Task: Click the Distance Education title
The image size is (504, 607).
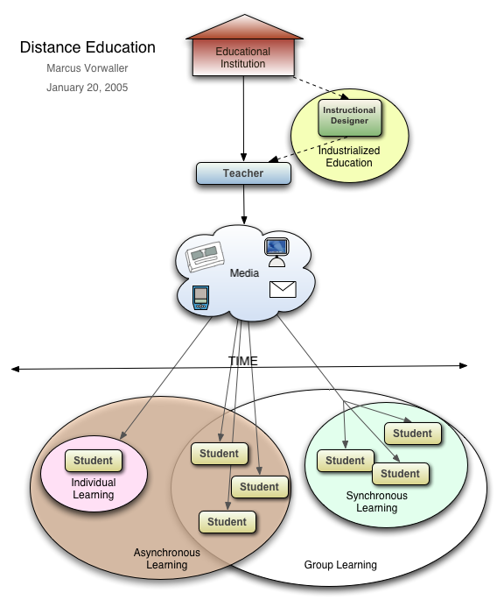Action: click(x=87, y=47)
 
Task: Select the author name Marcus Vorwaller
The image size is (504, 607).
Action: click(x=87, y=68)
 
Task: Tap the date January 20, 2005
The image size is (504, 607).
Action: click(x=87, y=88)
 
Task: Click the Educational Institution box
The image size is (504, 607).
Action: click(x=243, y=57)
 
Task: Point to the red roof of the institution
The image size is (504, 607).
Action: click(x=244, y=28)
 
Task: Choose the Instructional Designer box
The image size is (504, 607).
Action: click(x=350, y=117)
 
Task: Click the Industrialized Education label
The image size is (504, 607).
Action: click(x=349, y=157)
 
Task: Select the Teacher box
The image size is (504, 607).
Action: click(x=243, y=173)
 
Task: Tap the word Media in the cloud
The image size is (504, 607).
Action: click(x=244, y=273)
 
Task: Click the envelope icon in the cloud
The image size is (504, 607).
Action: click(x=283, y=289)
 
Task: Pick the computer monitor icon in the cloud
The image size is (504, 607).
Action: click(x=277, y=252)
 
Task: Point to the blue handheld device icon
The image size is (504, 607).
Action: click(x=200, y=298)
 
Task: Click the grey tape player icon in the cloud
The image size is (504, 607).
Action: click(x=205, y=257)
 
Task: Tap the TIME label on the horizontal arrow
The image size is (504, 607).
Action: click(x=243, y=361)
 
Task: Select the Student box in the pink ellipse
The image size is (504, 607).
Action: click(x=94, y=461)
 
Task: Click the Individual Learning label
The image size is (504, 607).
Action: click(x=94, y=489)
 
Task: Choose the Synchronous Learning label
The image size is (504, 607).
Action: click(x=377, y=502)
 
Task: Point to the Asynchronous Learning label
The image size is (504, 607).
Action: click(x=167, y=558)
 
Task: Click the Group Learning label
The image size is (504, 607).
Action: click(x=340, y=565)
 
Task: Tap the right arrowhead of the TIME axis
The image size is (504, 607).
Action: click(x=464, y=365)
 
